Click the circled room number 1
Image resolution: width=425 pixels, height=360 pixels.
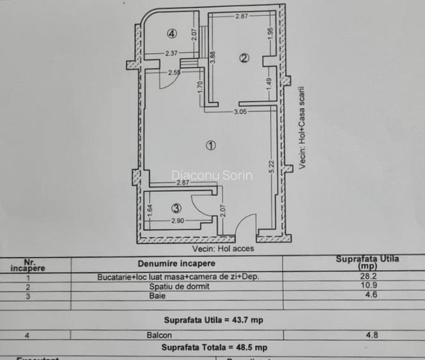(x=211, y=145)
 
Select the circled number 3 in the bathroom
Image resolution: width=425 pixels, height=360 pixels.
(x=177, y=207)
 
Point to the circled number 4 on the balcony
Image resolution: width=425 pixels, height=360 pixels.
(x=171, y=34)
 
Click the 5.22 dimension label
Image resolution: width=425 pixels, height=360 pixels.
(x=271, y=168)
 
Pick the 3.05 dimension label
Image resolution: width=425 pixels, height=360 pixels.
(x=240, y=113)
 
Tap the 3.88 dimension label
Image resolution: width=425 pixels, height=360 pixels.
(x=213, y=57)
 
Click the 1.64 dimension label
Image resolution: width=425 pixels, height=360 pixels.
(x=150, y=208)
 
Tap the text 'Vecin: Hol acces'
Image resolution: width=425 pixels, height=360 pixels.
(x=222, y=248)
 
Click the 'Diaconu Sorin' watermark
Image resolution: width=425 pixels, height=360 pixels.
(x=212, y=175)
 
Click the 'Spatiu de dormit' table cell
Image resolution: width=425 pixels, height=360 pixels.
(x=178, y=286)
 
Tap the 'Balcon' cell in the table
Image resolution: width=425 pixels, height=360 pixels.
(x=178, y=334)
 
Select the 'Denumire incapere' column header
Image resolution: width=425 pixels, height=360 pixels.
(x=176, y=263)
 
